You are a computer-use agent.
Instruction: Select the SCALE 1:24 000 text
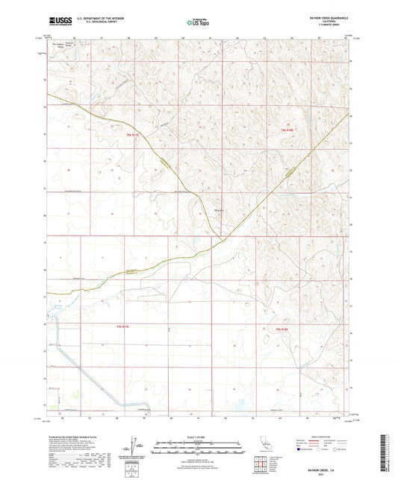(x=198, y=436)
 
